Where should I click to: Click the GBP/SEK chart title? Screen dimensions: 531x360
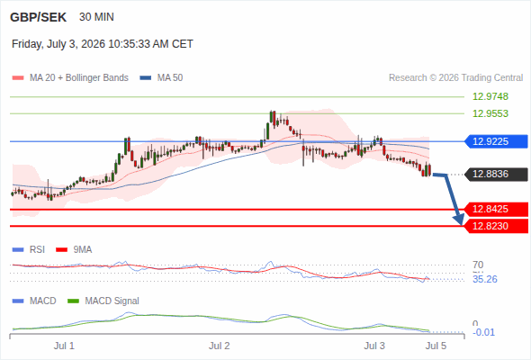tap(39, 17)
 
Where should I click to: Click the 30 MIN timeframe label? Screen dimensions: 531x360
tap(96, 17)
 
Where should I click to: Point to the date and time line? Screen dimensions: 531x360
tap(103, 44)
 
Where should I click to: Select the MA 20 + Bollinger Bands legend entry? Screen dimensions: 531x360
tap(70, 78)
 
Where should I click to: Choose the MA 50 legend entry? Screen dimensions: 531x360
tap(161, 78)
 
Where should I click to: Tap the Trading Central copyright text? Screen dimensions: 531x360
tap(455, 78)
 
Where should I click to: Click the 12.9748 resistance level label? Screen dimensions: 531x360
tap(490, 96)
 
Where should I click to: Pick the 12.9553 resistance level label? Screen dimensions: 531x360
tap(490, 113)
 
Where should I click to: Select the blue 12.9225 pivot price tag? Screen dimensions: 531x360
tap(496, 141)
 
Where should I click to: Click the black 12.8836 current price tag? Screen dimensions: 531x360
tap(496, 174)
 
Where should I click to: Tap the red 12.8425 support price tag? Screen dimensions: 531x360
tap(496, 209)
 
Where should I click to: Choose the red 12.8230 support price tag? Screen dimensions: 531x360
tap(496, 226)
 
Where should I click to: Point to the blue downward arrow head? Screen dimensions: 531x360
tap(459, 220)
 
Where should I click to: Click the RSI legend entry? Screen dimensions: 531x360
tap(29, 249)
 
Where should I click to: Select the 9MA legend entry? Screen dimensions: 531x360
tap(74, 249)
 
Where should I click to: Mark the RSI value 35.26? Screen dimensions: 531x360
tap(485, 279)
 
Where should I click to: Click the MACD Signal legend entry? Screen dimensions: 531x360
tap(103, 301)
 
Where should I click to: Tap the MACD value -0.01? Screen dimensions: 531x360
tap(483, 332)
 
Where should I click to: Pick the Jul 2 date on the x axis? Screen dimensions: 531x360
tap(219, 346)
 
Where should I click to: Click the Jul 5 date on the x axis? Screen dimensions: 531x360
tap(436, 346)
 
